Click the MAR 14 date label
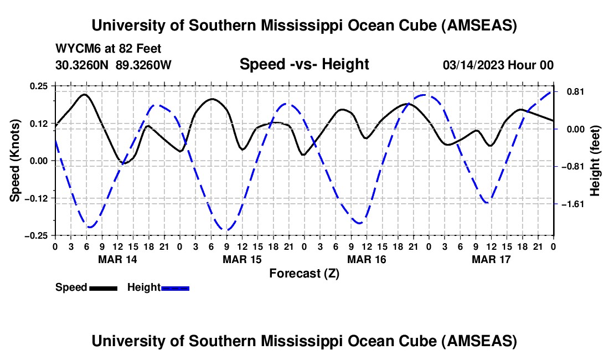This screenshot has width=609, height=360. [x=117, y=259]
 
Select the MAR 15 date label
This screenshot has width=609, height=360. [x=242, y=259]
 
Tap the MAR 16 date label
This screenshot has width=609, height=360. [x=367, y=259]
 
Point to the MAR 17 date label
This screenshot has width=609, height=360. [x=491, y=259]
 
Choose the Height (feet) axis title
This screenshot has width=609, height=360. [x=595, y=160]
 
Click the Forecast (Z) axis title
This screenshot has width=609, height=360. [x=304, y=273]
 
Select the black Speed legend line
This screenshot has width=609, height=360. [x=103, y=287]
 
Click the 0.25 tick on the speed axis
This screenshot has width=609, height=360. [x=39, y=86]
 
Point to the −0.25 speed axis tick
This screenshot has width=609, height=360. [x=37, y=235]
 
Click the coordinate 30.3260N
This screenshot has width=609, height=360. [x=82, y=65]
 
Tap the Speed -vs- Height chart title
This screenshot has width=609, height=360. [x=304, y=64]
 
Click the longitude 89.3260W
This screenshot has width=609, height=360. [x=144, y=65]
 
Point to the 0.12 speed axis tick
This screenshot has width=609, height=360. [x=39, y=123]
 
